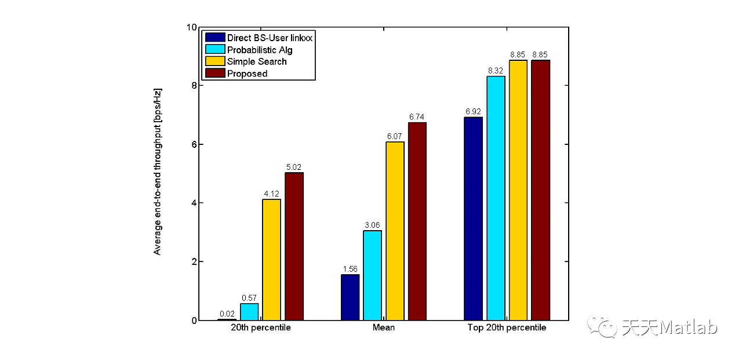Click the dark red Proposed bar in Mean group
[417, 221]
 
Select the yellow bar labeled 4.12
[271, 260]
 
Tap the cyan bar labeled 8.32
[496, 198]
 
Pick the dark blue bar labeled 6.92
[473, 219]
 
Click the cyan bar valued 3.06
[372, 275]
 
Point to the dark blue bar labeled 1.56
[350, 297]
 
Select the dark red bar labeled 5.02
[294, 246]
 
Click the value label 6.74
[417, 117]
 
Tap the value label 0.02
[227, 314]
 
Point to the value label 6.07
[395, 136]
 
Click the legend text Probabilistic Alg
[260, 50]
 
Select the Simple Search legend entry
[257, 61]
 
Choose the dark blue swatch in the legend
[214, 38]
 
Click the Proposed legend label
[247, 74]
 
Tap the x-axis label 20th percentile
[261, 328]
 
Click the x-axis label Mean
[384, 328]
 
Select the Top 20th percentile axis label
[507, 328]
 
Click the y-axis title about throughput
[157, 172]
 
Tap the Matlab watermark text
[670, 328]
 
